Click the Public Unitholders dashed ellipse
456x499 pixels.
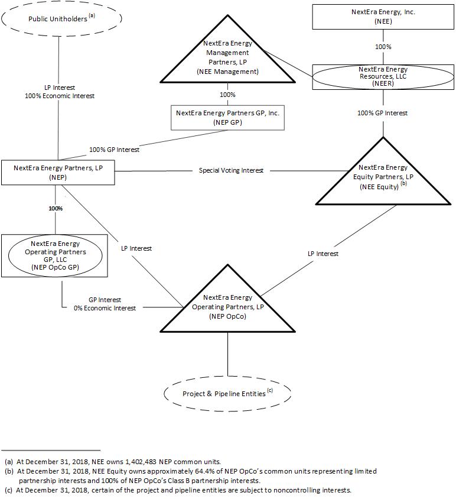pyautogui.click(x=61, y=18)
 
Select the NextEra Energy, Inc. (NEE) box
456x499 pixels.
pyautogui.click(x=383, y=16)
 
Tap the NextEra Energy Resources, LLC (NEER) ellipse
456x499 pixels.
pyautogui.click(x=383, y=77)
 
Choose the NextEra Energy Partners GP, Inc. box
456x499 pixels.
pyautogui.click(x=227, y=118)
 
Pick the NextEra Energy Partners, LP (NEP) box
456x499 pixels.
pyautogui.click(x=58, y=172)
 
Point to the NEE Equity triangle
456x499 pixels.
pyautogui.click(x=383, y=177)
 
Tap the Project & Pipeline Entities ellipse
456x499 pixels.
pyautogui.click(x=227, y=393)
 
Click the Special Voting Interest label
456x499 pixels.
pyautogui.click(x=231, y=170)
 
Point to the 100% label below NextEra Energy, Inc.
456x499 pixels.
pyautogui.click(x=383, y=46)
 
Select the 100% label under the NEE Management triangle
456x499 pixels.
pyautogui.click(x=227, y=95)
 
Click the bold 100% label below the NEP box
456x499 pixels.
pyautogui.click(x=56, y=209)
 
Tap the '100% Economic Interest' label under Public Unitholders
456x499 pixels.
pyautogui.click(x=60, y=96)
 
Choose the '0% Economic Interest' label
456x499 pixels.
pyautogui.click(x=105, y=308)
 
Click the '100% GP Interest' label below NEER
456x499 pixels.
pyautogui.click(x=382, y=113)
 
